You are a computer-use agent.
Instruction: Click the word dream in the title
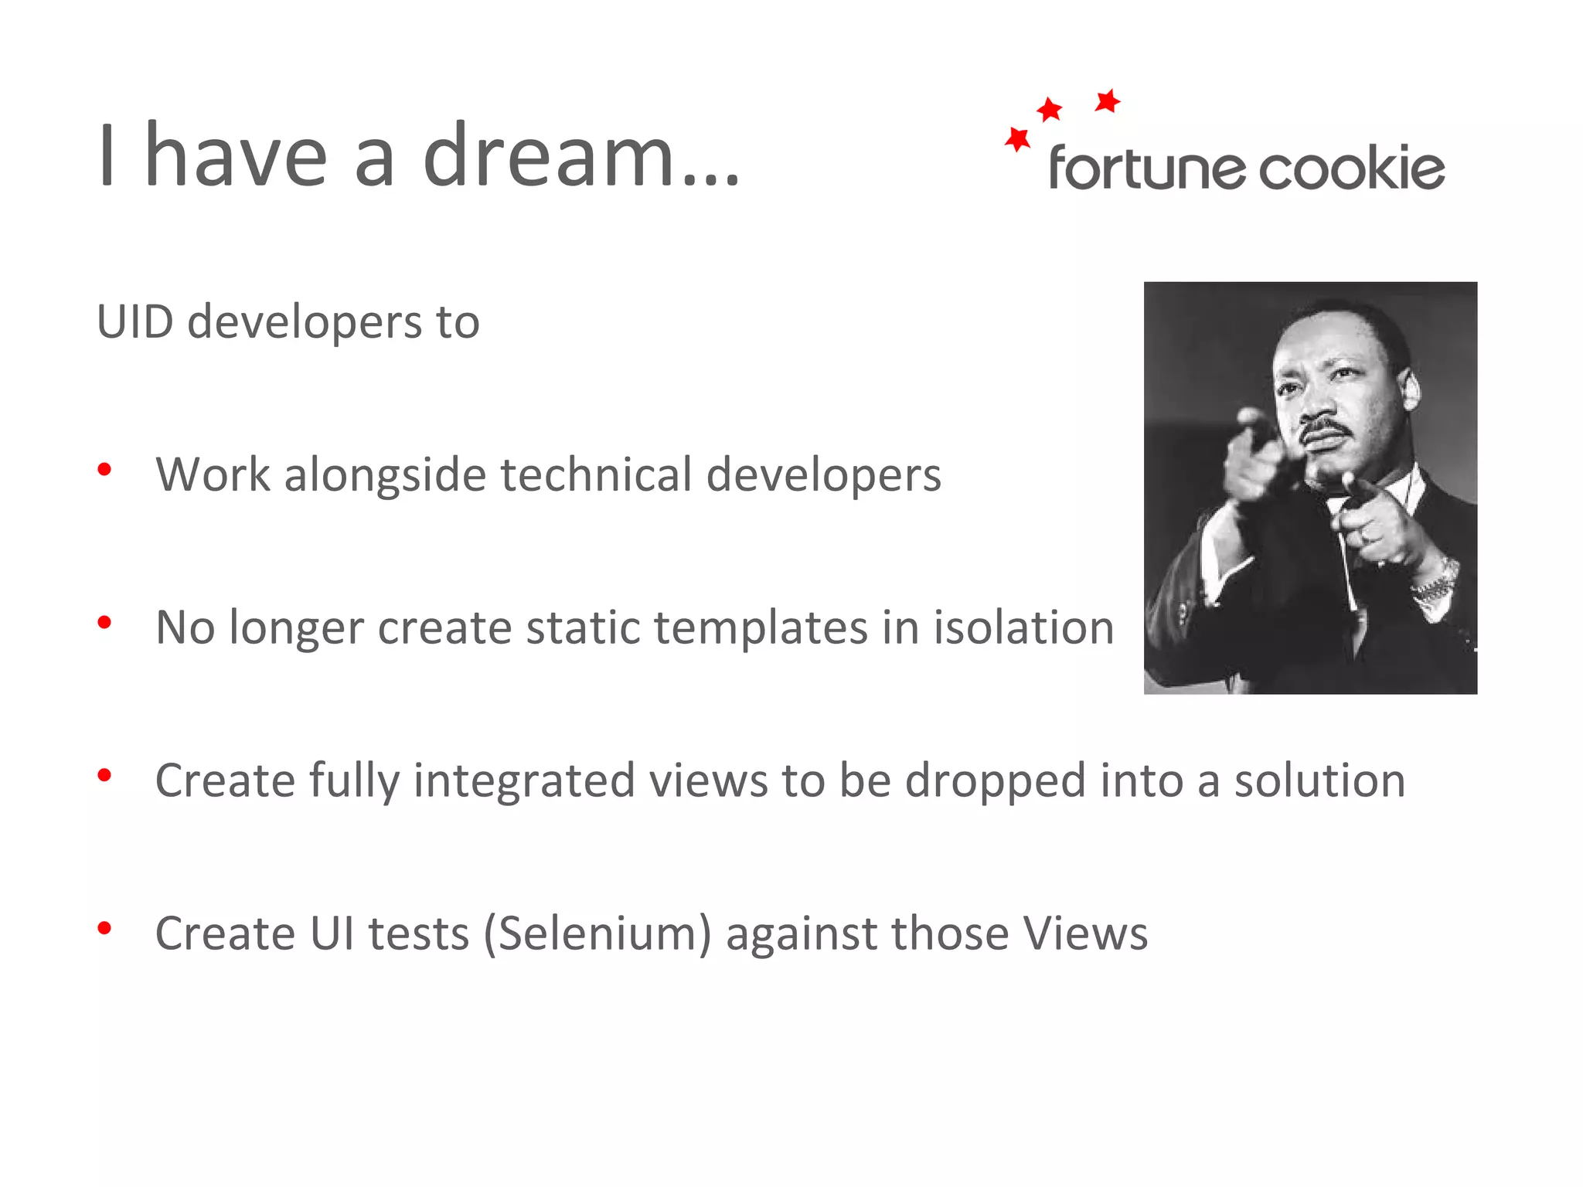point(550,157)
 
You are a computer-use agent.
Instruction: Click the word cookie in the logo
point(1352,168)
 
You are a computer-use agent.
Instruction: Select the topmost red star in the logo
point(1108,100)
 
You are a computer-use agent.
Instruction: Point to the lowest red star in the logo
point(1017,140)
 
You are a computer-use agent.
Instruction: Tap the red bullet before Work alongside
point(105,469)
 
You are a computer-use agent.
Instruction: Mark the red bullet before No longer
point(105,622)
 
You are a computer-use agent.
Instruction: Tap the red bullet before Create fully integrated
point(105,775)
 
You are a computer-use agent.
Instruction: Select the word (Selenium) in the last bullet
point(597,934)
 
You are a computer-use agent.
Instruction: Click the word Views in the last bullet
point(1085,933)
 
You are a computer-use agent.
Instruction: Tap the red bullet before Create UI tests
point(105,928)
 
